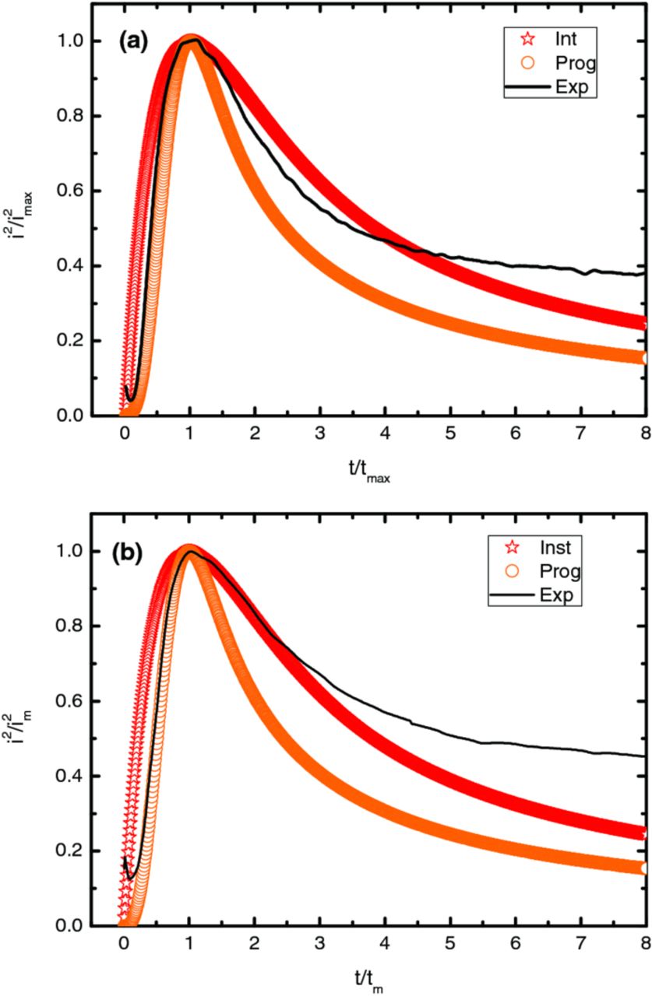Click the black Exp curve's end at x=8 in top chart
click(x=643, y=274)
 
